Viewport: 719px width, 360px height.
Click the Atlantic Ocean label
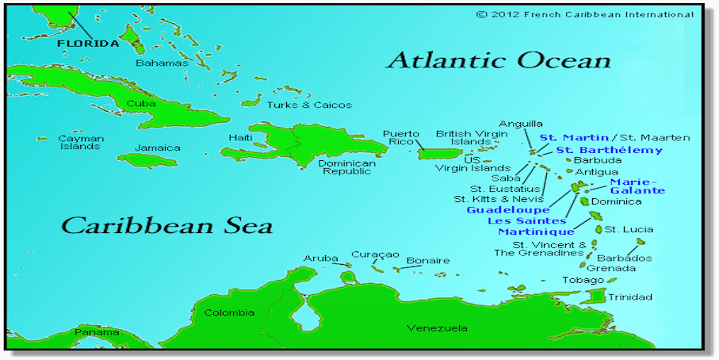pos(499,61)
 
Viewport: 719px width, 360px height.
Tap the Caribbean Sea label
pos(167,225)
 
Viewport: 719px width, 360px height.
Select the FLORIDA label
pos(87,44)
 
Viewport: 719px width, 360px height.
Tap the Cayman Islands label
pos(80,142)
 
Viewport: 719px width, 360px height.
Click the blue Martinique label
pos(536,232)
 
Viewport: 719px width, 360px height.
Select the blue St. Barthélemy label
pos(609,150)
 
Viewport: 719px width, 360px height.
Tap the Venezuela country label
pos(437,328)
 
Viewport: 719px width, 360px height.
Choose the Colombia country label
pos(229,312)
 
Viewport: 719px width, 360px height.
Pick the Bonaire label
pos(427,260)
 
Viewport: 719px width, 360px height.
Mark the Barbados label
pos(624,259)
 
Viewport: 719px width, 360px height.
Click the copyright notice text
pos(585,14)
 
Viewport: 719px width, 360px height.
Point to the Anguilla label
pos(520,124)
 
